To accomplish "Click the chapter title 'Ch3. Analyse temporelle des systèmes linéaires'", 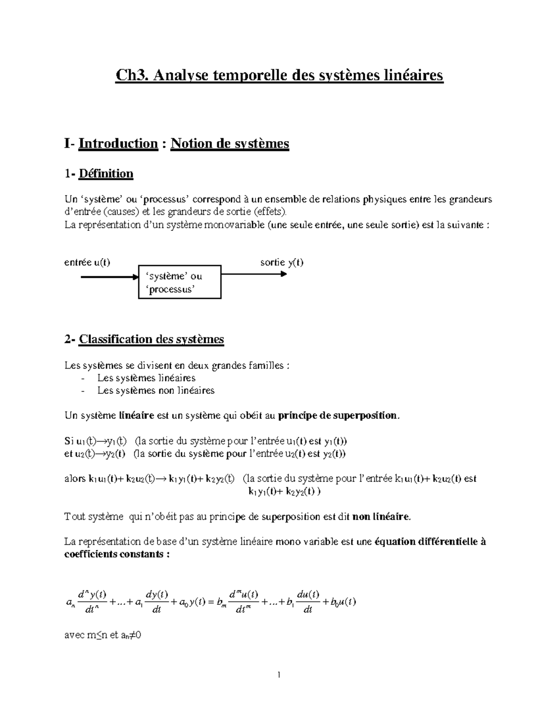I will click(x=279, y=75).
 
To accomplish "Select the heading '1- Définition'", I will click(x=99, y=174).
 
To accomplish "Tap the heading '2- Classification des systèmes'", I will click(x=144, y=339).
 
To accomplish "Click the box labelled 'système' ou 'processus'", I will click(x=180, y=282).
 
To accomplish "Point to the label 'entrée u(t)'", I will click(x=87, y=262).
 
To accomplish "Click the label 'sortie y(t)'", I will click(x=282, y=262).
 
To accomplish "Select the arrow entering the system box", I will click(x=110, y=277).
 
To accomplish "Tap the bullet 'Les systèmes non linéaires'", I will click(x=156, y=391).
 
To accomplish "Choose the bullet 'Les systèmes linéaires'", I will click(x=146, y=378).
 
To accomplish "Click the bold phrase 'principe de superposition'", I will click(x=338, y=416).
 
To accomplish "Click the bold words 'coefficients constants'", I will click(x=114, y=554).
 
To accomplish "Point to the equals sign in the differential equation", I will click(x=210, y=601).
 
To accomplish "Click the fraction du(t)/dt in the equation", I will click(x=308, y=601).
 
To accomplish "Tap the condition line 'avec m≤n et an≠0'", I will click(x=102, y=635).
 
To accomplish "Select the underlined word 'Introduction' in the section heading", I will click(x=118, y=143).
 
